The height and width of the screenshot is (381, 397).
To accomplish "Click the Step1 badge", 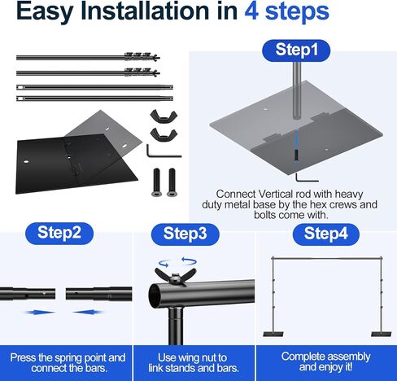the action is coord(296,50).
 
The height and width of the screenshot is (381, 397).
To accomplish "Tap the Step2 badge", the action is coord(59,233).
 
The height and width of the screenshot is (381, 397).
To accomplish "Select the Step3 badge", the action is coord(185,234).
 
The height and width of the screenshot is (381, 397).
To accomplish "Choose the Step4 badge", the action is coord(325,234).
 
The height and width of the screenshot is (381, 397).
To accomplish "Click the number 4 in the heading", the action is coord(251,11).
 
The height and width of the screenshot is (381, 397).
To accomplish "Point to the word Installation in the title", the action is coord(159,11).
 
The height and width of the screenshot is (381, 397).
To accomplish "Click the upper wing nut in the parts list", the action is coord(164,116).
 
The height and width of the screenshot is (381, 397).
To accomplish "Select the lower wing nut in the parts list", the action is coord(164,134).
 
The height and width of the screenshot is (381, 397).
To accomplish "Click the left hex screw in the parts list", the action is coord(156,182).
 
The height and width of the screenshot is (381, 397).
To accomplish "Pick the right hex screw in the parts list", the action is coord(172,182).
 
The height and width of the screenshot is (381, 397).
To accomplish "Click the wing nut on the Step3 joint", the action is coord(176,276).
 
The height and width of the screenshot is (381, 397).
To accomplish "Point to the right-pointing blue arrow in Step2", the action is coord(40,313).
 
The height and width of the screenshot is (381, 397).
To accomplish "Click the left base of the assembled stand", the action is coord(273,334).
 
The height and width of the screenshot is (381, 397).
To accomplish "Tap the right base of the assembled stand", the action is coord(381,334).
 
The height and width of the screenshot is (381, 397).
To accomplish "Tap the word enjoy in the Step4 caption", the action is coord(329,367).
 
